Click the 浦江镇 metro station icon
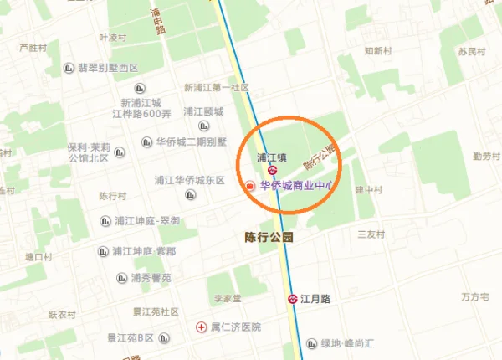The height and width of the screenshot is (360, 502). click(x=272, y=170)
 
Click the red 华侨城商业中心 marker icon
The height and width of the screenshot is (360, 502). click(x=248, y=185)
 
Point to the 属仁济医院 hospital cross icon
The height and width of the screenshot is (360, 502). click(x=200, y=327)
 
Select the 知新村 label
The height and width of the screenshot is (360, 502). click(x=377, y=51)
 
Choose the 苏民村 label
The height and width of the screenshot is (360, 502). click(x=471, y=52)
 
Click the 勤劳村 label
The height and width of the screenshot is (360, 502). click(x=485, y=157)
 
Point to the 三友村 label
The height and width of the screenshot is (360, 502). click(x=369, y=234)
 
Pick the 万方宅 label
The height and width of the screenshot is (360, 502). click(x=474, y=297)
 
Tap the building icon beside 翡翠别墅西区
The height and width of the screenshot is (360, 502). click(x=70, y=68)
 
